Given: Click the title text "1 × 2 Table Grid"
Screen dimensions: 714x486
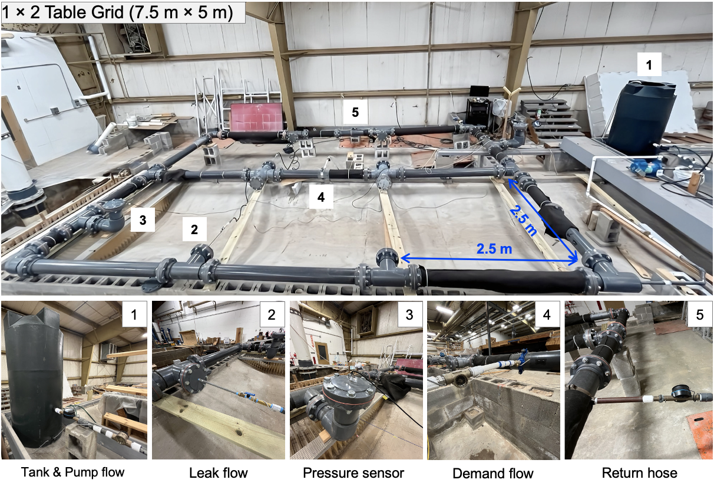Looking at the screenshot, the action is (x=63, y=12).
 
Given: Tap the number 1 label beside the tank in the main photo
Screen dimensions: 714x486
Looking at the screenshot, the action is (x=649, y=65).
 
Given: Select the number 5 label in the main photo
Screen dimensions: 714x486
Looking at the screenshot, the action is (x=355, y=112).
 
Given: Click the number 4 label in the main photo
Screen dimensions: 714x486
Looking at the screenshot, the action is (x=321, y=197).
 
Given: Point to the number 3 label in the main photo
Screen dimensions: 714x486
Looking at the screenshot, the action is (x=143, y=219).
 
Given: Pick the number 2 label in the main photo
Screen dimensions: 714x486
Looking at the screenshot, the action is (x=194, y=229).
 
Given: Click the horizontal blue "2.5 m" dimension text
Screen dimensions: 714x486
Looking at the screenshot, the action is (x=494, y=249).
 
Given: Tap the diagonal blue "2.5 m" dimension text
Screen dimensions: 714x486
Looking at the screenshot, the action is (x=523, y=221).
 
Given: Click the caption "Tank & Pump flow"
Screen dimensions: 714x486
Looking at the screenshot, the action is (x=72, y=472).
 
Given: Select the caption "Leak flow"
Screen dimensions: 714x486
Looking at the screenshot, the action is (x=219, y=473).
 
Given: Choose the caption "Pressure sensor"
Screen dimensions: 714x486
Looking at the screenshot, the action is (x=353, y=473).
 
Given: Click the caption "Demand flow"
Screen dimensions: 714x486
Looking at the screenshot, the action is (x=492, y=473).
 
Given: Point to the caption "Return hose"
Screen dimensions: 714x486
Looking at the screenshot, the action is (x=639, y=473).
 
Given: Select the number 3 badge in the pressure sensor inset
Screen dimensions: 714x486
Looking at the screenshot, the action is (x=409, y=314).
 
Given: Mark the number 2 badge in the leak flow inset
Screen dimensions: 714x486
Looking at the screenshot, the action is (x=271, y=314).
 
